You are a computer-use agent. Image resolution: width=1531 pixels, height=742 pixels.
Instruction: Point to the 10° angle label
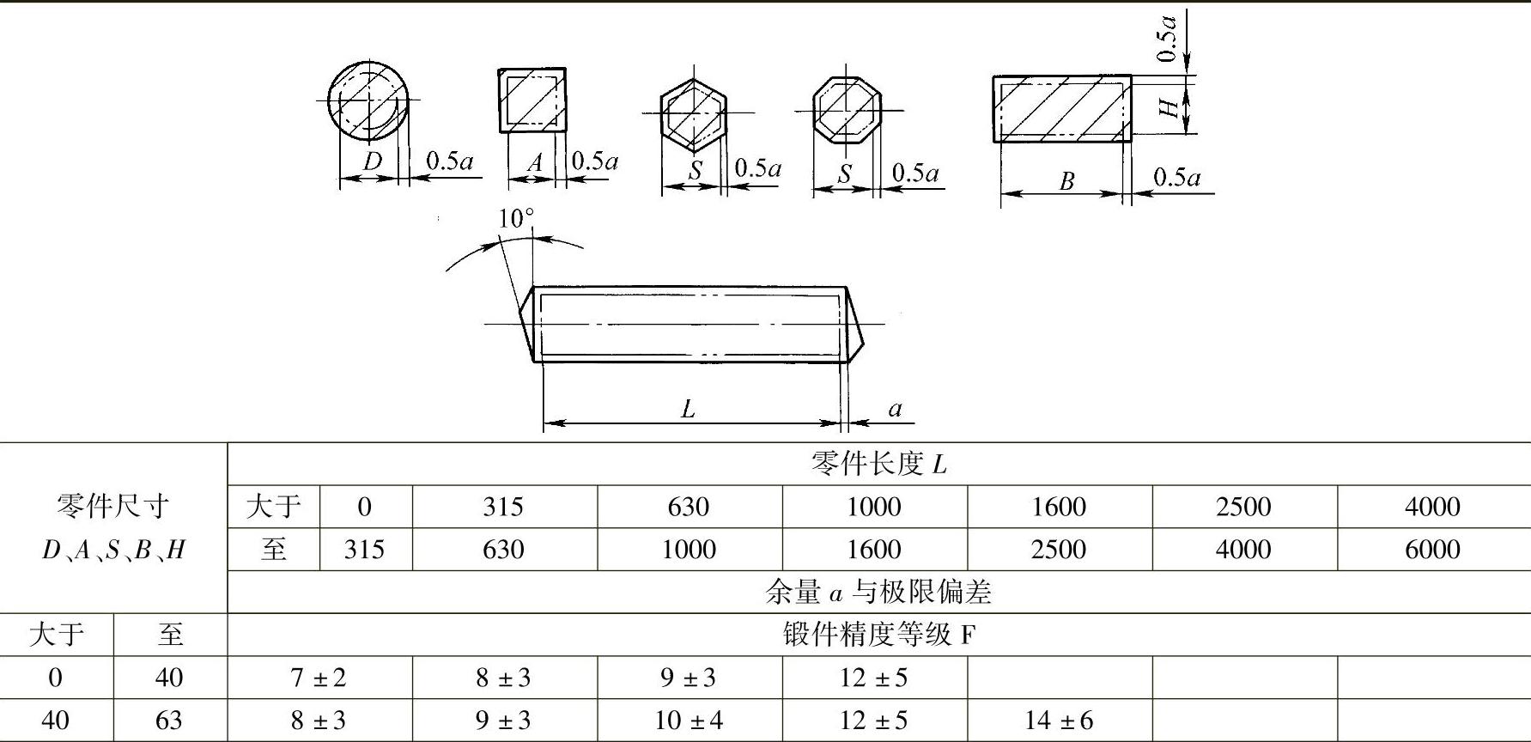pyautogui.click(x=516, y=218)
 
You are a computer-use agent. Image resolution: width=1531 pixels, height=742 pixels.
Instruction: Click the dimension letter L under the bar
pyautogui.click(x=688, y=409)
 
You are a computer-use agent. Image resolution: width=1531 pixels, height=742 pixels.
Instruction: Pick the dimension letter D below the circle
pyautogui.click(x=373, y=161)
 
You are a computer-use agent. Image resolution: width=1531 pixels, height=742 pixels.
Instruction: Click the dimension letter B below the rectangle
pyautogui.click(x=1066, y=181)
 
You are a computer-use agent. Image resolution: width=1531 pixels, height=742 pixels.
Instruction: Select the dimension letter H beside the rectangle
pyautogui.click(x=1169, y=107)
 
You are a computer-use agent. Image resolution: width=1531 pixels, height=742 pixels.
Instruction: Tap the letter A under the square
pyautogui.click(x=535, y=162)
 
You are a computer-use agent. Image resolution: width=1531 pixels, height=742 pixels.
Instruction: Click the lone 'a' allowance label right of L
pyautogui.click(x=895, y=409)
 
